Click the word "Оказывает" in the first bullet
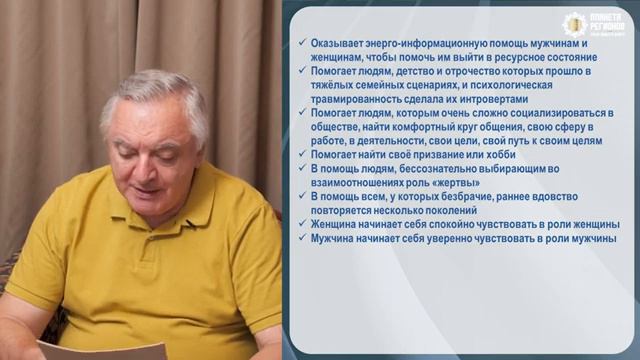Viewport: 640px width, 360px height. (x=338, y=45)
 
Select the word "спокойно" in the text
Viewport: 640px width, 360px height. (x=467, y=225)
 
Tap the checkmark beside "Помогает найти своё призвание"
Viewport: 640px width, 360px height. (x=301, y=155)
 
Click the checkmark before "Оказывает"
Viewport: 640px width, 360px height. (x=301, y=45)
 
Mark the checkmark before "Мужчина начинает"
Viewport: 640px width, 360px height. (x=301, y=239)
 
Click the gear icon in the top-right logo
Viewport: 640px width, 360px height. (x=573, y=24)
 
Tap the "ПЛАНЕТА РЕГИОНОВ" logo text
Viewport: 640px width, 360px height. (x=607, y=21)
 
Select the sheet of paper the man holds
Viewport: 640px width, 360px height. (x=100, y=350)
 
